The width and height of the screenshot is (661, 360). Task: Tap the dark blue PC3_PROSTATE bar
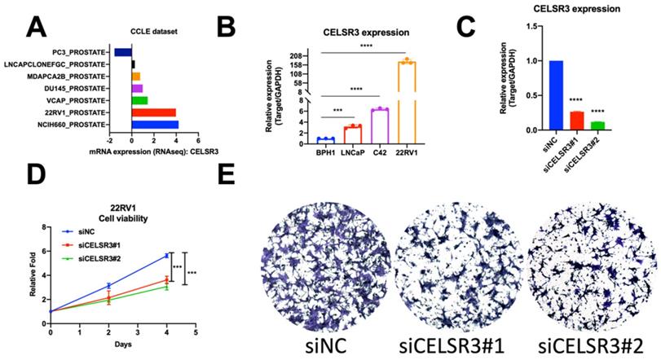pos(123,52)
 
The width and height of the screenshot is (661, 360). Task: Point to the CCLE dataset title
pos(155,31)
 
